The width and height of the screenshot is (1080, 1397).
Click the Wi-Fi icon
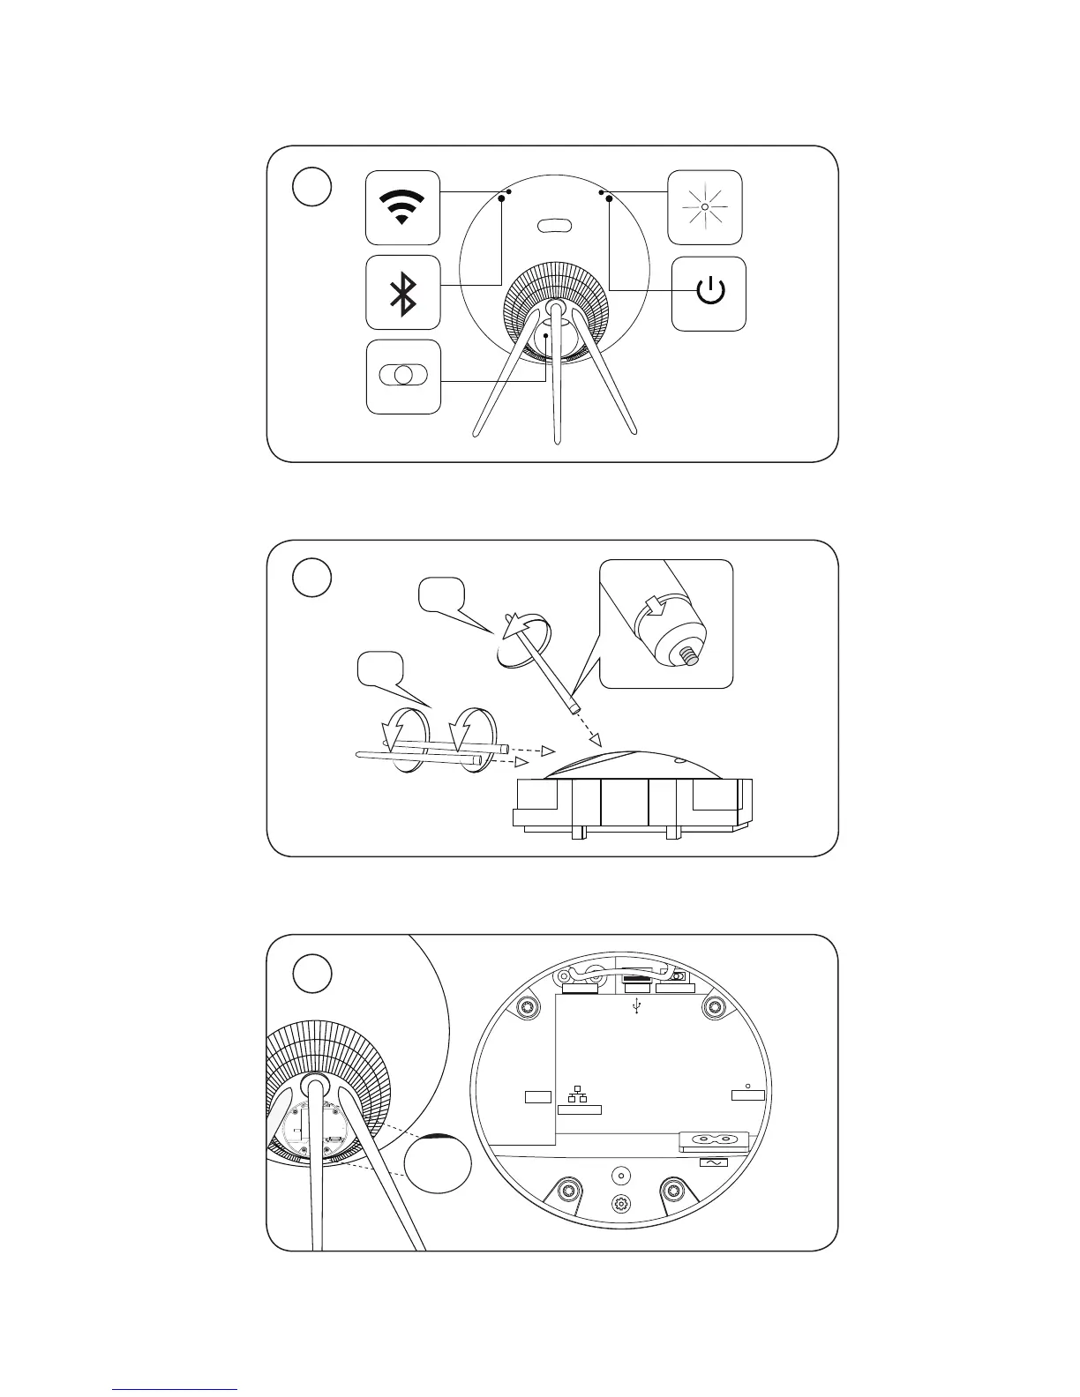(402, 208)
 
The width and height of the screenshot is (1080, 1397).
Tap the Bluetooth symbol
(403, 293)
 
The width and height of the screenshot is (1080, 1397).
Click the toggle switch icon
(402, 374)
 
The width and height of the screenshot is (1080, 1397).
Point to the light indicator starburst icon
(705, 207)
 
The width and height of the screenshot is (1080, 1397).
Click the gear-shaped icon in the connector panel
(621, 1204)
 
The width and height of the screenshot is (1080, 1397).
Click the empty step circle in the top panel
(311, 187)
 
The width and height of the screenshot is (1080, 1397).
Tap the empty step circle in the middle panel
(311, 578)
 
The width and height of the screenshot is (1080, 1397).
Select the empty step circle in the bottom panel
(311, 973)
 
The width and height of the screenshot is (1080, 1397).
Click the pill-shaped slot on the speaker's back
(554, 226)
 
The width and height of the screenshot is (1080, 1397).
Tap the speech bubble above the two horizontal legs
(379, 669)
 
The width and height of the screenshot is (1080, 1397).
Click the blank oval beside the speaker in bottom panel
(438, 1159)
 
